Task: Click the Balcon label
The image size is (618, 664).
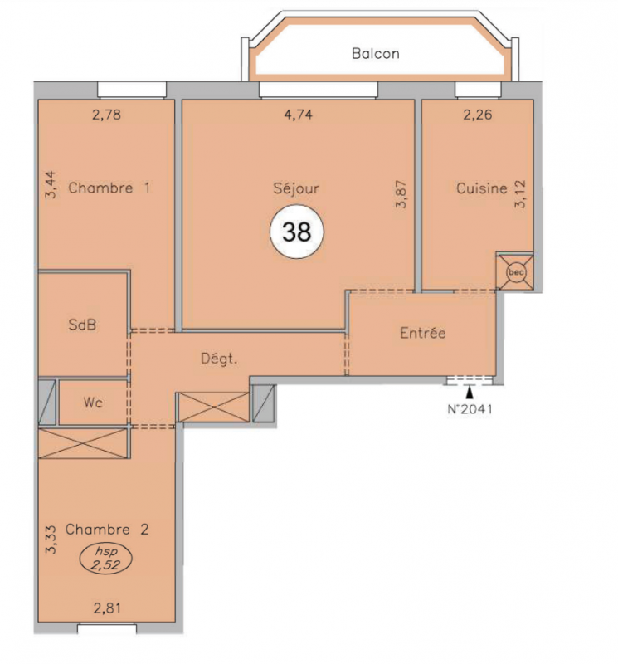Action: click(x=376, y=54)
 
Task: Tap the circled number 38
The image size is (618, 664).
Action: click(x=297, y=232)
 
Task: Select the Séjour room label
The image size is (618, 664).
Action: click(x=296, y=188)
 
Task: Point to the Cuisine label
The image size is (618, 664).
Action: click(x=482, y=188)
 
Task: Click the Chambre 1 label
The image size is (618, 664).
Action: click(x=109, y=188)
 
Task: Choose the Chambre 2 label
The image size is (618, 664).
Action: click(x=107, y=530)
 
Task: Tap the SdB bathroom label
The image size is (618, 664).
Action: click(x=82, y=325)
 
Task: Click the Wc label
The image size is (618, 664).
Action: click(x=93, y=402)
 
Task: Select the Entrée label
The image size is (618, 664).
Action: click(x=423, y=333)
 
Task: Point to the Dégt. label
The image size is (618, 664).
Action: click(x=219, y=359)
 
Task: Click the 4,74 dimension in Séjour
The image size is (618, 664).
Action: click(x=299, y=115)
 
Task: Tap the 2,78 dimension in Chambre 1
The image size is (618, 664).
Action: click(x=107, y=115)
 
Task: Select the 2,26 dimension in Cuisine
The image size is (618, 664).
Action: click(x=478, y=115)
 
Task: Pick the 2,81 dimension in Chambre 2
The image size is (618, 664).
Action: click(x=107, y=608)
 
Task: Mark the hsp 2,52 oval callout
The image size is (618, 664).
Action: click(x=106, y=559)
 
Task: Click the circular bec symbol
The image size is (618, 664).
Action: click(x=516, y=272)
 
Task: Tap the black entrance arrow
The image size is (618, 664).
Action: click(x=470, y=393)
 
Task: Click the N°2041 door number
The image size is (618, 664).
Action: click(x=470, y=409)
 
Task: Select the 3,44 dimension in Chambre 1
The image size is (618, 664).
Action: click(x=51, y=184)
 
